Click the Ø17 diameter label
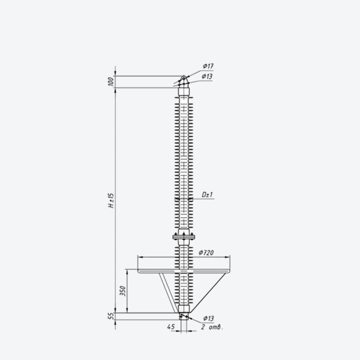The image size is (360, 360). click(208, 66)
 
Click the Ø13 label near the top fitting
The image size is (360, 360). click(207, 76)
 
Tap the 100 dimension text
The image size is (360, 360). click(110, 82)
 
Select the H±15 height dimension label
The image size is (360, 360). click(111, 200)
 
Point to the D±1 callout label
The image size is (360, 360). click(208, 194)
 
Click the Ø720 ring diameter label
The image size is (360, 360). click(206, 253)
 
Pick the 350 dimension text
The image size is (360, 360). click(123, 291)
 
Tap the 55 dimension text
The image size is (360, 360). click(111, 316)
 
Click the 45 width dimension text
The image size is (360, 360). click(171, 326)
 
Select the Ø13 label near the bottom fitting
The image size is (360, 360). click(208, 319)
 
